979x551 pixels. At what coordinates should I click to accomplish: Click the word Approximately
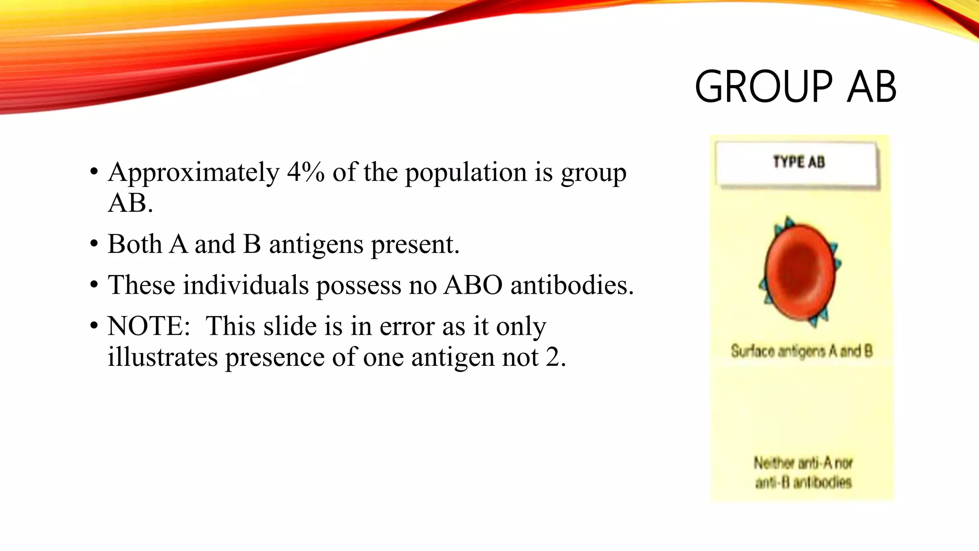(194, 173)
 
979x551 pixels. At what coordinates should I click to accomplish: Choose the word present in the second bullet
(415, 245)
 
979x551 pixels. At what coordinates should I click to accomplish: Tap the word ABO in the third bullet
(473, 285)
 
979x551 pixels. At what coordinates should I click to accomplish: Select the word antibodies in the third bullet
(572, 285)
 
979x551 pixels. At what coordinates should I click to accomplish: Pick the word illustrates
(163, 357)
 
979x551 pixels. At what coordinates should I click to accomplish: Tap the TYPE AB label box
(797, 163)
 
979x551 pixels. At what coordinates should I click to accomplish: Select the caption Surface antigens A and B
(802, 351)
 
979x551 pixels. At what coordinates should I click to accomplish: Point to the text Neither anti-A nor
(803, 463)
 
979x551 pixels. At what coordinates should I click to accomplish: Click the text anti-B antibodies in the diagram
(803, 483)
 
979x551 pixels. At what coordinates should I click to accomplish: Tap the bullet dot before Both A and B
(94, 244)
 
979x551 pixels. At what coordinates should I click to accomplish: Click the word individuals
(246, 285)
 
